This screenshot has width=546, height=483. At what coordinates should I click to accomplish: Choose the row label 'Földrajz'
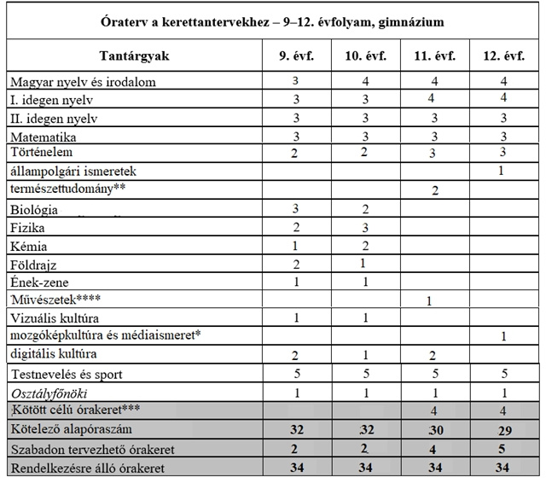35,265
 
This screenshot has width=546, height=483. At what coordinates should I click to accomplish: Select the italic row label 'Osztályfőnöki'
49,393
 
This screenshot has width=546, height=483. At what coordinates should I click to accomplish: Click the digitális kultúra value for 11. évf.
434,355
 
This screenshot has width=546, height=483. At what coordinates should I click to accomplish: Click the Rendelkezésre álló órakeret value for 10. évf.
365,468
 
